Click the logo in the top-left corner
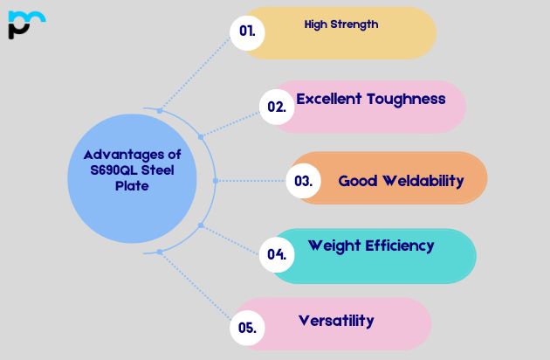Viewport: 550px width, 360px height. point(25,24)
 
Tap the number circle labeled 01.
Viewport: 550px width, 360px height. point(247,31)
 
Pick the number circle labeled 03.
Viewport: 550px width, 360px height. point(303,182)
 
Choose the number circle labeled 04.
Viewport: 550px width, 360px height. point(277,255)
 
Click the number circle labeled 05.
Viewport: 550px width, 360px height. point(247,329)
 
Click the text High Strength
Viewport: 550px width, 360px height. point(341,24)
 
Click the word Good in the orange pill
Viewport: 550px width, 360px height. point(357,181)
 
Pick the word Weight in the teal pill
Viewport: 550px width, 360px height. point(334,246)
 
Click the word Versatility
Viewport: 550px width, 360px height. point(336,321)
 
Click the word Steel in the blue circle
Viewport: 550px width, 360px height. point(158,170)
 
